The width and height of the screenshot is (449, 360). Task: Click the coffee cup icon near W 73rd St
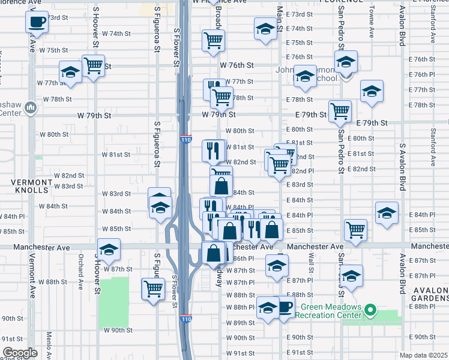tap(37, 23)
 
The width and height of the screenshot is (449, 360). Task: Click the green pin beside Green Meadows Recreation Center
tap(370, 311)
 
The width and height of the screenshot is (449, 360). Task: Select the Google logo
tap(20, 353)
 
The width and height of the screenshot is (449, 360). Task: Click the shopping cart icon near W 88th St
tap(153, 289)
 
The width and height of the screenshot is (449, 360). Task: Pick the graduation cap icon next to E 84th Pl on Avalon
tap(387, 212)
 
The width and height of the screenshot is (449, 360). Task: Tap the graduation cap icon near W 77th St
tap(70, 72)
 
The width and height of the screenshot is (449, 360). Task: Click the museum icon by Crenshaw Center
tap(31, 108)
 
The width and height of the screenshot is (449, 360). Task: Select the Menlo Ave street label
tap(49, 344)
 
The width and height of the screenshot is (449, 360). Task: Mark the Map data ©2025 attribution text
tap(423, 355)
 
